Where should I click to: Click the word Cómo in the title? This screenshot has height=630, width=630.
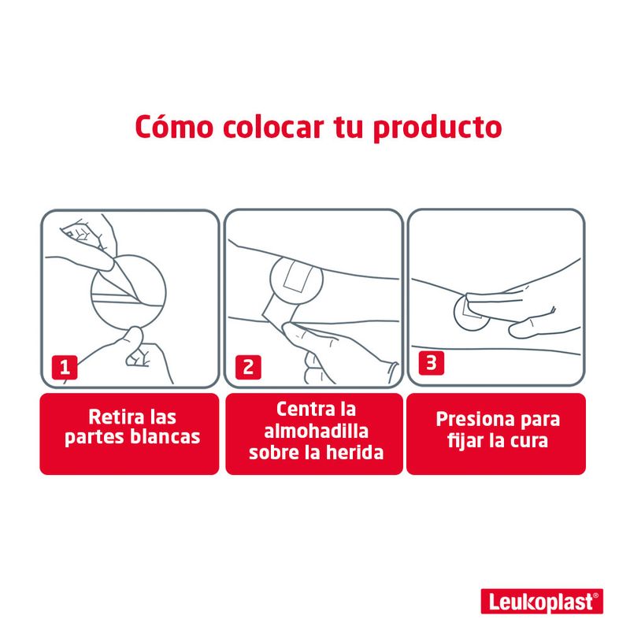click(x=174, y=127)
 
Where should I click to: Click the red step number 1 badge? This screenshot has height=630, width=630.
click(x=65, y=367)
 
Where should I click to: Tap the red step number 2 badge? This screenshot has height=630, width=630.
click(x=248, y=367)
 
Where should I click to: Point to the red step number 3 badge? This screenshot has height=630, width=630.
click(x=431, y=363)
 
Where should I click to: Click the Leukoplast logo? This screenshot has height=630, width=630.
click(x=542, y=602)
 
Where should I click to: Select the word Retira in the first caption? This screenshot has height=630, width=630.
click(x=111, y=417)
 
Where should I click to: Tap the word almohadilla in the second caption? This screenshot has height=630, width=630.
click(x=317, y=431)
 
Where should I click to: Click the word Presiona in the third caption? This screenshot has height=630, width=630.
click(x=470, y=419)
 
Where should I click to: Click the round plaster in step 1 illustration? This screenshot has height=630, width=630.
click(x=128, y=292)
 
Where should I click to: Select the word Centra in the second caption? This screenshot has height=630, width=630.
click(x=302, y=409)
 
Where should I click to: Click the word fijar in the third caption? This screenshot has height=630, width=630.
click(x=465, y=441)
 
